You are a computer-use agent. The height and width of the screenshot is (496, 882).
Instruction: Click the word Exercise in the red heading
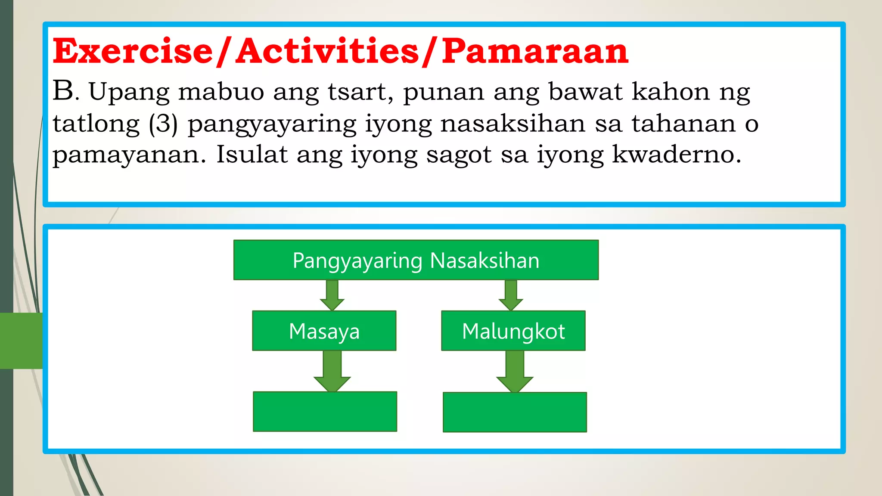tap(133, 51)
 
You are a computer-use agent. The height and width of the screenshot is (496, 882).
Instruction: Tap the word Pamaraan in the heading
tap(535, 51)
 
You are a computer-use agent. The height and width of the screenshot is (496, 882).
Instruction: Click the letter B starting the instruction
tap(63, 91)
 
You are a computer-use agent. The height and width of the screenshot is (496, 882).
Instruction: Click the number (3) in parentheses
tap(163, 124)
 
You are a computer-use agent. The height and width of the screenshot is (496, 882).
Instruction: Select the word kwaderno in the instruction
tap(676, 155)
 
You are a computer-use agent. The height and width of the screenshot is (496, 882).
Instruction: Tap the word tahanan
tap(683, 124)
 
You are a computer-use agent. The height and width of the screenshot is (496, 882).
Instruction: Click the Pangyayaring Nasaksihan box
tap(416, 260)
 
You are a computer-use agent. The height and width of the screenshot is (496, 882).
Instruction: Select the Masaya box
tap(324, 331)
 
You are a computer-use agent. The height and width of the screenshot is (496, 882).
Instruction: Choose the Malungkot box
tap(513, 331)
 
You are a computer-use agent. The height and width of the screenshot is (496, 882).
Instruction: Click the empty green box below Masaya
tap(325, 412)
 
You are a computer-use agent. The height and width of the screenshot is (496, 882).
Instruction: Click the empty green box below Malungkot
tap(515, 412)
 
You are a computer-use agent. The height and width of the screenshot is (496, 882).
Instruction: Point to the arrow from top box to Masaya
tap(332, 295)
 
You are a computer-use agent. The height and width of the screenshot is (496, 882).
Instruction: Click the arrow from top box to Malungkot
tap(511, 295)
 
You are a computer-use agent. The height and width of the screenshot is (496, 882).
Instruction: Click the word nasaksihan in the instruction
tap(512, 124)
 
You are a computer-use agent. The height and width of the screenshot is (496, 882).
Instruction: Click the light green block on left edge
tap(21, 341)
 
